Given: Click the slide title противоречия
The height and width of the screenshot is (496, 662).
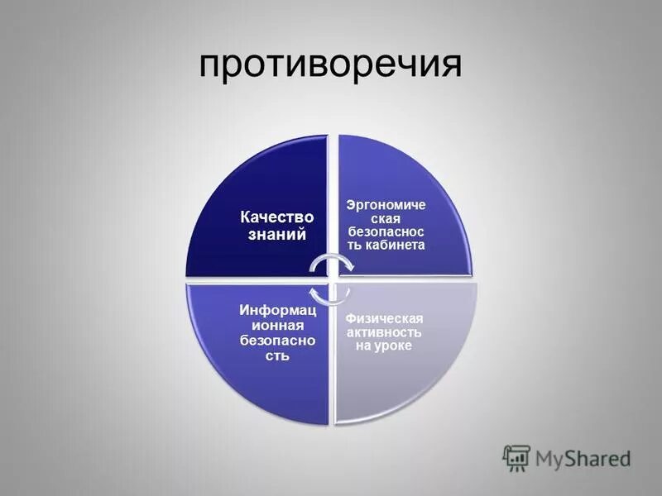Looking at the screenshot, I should point(330,65).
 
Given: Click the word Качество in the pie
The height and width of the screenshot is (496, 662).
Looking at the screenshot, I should point(273,218).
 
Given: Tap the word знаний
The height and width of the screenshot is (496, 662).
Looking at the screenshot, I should point(273,235).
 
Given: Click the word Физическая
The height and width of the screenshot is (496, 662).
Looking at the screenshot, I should point(384,318).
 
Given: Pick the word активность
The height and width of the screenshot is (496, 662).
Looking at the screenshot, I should point(384,331).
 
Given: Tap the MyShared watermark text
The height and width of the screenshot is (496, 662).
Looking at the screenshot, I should point(583,457).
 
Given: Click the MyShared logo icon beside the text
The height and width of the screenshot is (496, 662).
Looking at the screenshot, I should point(516,457).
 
